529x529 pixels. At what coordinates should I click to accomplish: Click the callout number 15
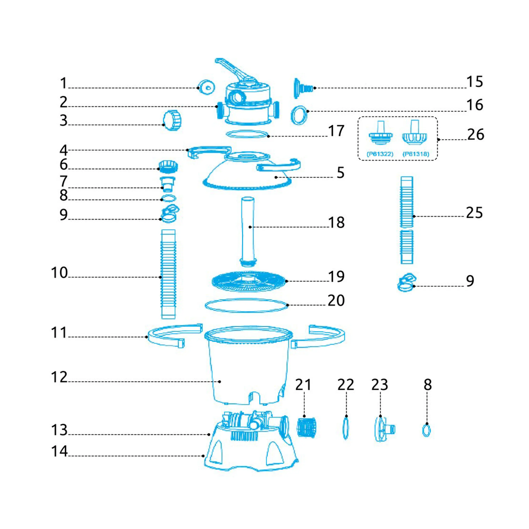coord(475,82)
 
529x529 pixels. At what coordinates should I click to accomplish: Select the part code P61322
coord(380,154)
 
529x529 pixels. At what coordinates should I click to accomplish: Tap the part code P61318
coord(416,154)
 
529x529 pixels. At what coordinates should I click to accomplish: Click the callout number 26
coord(476,134)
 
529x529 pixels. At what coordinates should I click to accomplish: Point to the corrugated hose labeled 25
coord(407,220)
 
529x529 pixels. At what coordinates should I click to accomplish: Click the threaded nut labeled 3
coord(172,120)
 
